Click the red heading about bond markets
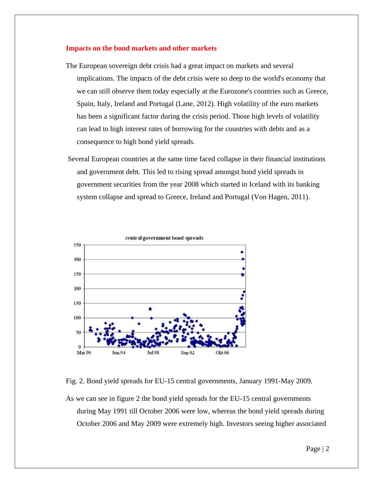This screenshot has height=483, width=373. (x=141, y=48)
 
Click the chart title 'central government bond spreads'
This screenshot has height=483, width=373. (x=164, y=238)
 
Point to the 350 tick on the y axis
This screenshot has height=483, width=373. (x=77, y=245)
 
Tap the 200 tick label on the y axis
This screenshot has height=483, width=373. (x=77, y=289)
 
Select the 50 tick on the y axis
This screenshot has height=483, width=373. (x=78, y=332)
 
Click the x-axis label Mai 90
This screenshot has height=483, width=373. (x=84, y=353)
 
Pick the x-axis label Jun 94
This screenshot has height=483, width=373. (x=118, y=353)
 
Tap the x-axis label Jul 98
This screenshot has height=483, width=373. (x=153, y=353)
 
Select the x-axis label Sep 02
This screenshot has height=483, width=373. (x=187, y=353)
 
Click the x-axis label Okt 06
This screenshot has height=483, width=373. (x=222, y=353)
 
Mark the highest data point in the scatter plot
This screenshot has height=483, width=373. (x=242, y=252)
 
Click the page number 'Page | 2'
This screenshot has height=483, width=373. (x=318, y=449)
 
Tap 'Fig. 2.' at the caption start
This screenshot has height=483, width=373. (x=75, y=381)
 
